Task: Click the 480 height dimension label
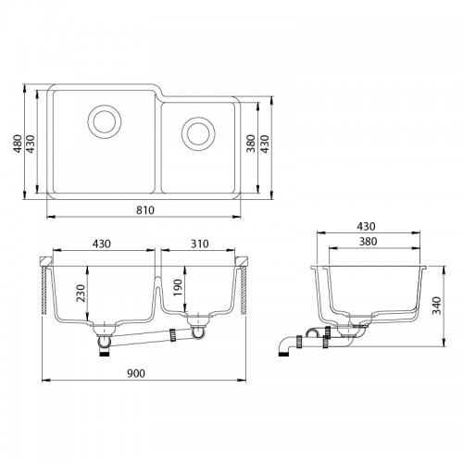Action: (x=18, y=144)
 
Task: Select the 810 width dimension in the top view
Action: (x=145, y=210)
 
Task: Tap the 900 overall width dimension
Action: (x=136, y=373)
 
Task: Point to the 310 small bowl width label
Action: (x=200, y=244)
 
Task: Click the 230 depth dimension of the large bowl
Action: (x=81, y=294)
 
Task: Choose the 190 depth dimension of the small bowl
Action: (x=178, y=288)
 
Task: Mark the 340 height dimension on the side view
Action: (x=436, y=306)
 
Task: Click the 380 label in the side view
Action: (x=368, y=242)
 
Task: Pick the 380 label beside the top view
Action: (x=251, y=144)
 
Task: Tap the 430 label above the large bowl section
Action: (x=102, y=244)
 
